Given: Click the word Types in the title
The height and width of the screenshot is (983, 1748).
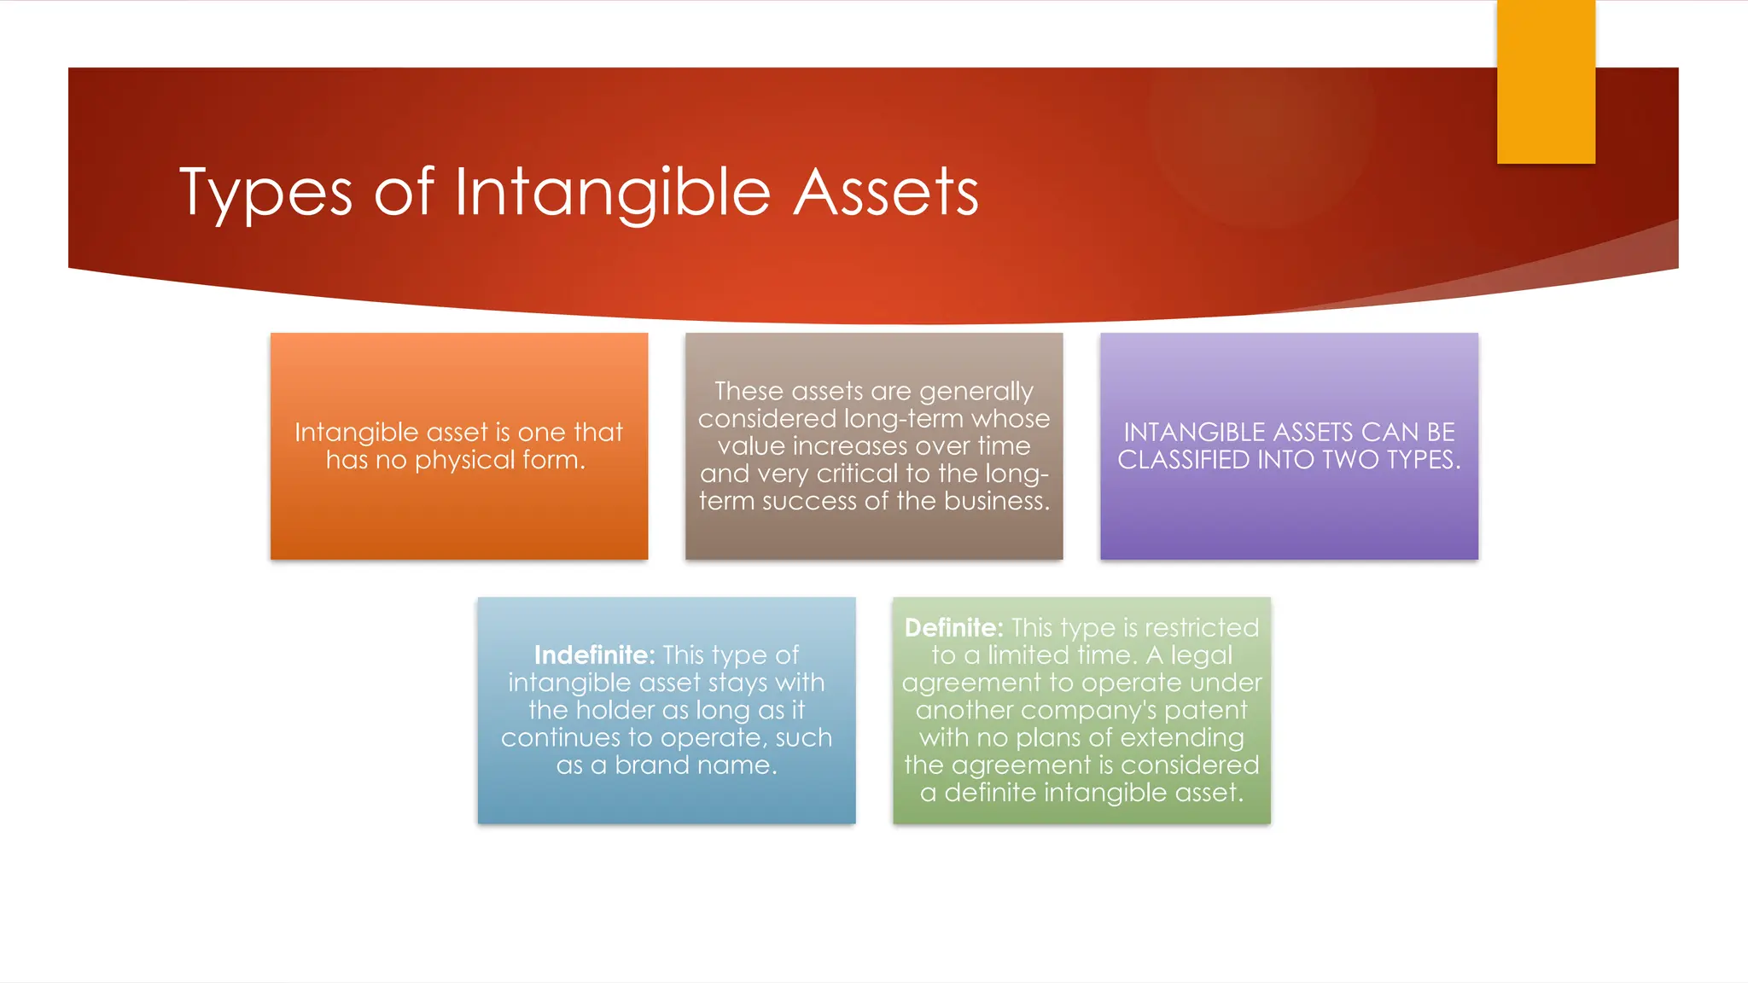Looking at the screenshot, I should click(x=265, y=193).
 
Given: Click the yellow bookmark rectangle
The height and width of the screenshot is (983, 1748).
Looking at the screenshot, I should click(x=1546, y=82).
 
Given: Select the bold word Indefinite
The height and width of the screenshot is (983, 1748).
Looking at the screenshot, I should click(x=594, y=655).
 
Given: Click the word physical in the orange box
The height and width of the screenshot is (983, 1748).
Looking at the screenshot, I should click(x=464, y=461).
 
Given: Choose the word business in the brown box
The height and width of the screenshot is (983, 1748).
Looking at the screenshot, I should click(x=995, y=501).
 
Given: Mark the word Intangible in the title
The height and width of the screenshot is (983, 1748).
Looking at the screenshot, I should click(x=612, y=193).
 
